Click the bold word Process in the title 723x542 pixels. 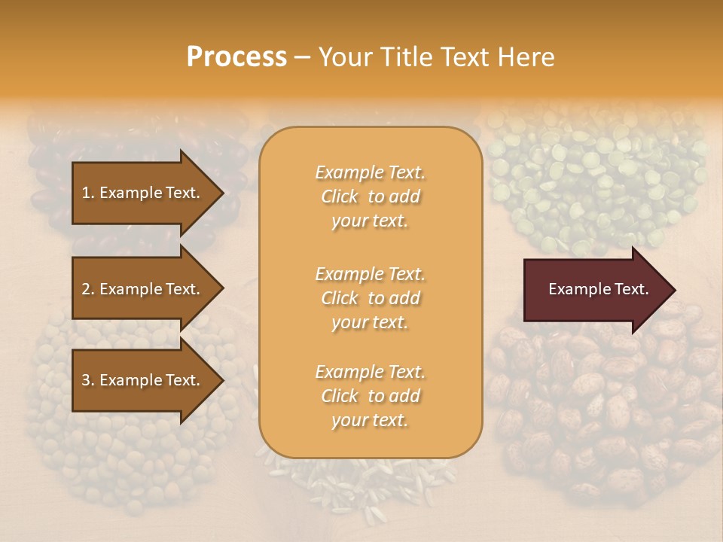coord(236,56)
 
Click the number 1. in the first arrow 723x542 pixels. coord(88,193)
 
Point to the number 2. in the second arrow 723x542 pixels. coord(88,289)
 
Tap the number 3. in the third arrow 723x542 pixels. coord(88,380)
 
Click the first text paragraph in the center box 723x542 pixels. coord(370,196)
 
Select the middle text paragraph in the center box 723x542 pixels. coord(370,297)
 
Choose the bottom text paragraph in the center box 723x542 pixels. coord(370,396)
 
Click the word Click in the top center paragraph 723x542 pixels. coord(340,196)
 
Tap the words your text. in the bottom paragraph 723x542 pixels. coord(370,420)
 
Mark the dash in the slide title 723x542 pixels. coord(302,57)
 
